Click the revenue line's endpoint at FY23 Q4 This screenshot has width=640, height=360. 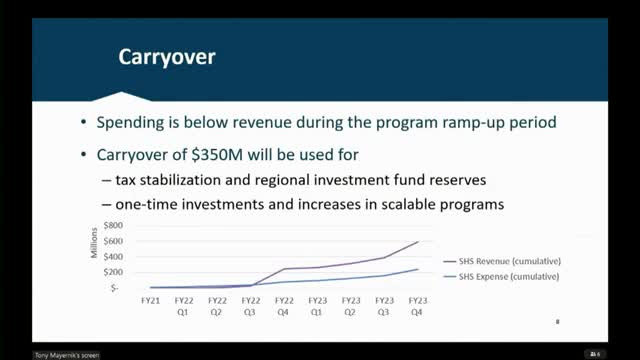(x=417, y=241)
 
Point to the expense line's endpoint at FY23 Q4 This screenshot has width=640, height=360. (x=417, y=269)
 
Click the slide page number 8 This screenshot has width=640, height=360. (x=557, y=321)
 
